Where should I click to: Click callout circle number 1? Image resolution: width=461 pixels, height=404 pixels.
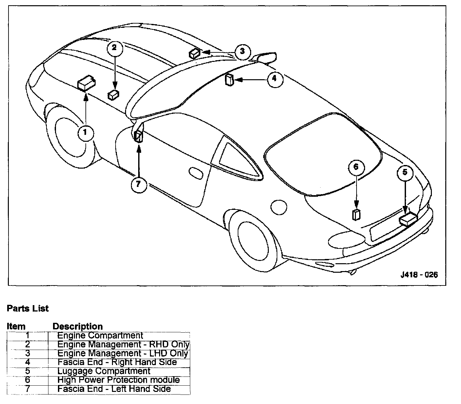tap(85, 133)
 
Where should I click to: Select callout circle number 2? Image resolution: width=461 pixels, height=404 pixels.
tap(114, 48)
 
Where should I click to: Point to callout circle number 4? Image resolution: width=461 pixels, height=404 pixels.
tap(274, 79)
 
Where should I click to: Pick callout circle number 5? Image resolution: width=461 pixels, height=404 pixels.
tap(405, 172)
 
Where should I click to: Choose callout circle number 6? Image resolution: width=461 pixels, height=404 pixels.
tap(356, 167)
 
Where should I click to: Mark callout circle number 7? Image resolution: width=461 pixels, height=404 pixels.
tap(138, 184)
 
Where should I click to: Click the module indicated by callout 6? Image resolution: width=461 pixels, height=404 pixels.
tap(356, 215)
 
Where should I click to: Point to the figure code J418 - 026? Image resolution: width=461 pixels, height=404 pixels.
tap(419, 275)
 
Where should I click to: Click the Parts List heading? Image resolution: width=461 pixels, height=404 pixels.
tap(28, 308)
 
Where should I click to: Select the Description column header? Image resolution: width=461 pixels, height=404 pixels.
tap(78, 326)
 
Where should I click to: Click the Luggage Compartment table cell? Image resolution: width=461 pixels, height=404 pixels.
tap(104, 371)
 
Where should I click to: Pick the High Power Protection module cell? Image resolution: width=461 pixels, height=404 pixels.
tap(119, 380)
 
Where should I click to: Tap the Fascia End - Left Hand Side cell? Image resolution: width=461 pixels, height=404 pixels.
tap(114, 389)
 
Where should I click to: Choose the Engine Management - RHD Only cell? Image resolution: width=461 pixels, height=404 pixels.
tap(123, 344)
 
